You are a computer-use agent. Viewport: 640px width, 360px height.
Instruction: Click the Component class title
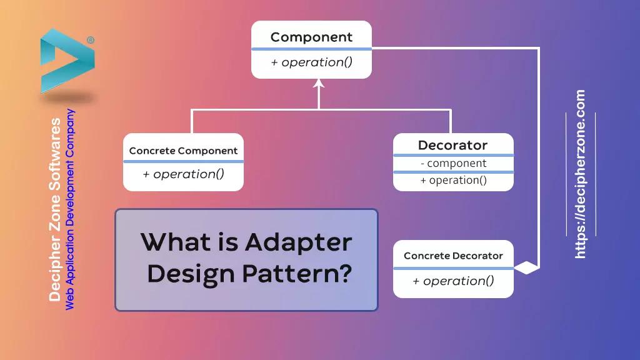tap(311, 37)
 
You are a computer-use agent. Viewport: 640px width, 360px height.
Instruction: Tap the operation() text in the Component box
tap(311, 62)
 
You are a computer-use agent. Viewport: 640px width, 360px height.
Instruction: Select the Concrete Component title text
tap(183, 151)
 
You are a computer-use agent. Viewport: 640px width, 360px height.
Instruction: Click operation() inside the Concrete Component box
tap(183, 174)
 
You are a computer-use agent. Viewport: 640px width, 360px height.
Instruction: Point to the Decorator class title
tap(452, 145)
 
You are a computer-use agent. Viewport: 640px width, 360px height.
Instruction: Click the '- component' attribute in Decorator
tap(453, 164)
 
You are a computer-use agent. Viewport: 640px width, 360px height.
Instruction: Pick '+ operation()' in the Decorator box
tap(453, 181)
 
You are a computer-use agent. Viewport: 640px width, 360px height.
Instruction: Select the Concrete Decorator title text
tap(453, 256)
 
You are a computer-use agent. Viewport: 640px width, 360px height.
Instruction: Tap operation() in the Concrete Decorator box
tap(453, 281)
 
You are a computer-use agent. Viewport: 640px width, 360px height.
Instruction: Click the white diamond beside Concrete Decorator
tap(526, 268)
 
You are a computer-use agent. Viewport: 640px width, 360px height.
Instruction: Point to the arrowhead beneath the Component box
tap(319, 84)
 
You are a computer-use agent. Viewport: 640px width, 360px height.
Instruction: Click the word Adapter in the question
tap(298, 242)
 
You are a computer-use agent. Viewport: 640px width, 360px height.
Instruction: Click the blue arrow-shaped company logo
tap(66, 61)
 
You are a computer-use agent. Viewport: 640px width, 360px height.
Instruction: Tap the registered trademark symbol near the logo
tap(91, 40)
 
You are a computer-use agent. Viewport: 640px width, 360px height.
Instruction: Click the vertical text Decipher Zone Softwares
tap(55, 209)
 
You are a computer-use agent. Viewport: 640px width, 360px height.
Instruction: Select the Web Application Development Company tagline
tap(70, 209)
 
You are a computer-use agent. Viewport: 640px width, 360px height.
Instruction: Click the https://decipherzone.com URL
tap(580, 174)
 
